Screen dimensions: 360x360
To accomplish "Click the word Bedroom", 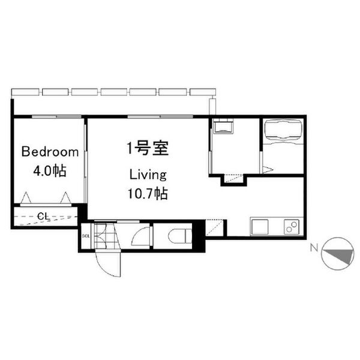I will click(50, 152).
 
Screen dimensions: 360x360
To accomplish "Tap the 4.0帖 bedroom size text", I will click(49, 170).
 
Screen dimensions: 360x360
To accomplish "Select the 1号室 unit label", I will click(146, 148).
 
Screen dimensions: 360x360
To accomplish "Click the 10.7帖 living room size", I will click(147, 193).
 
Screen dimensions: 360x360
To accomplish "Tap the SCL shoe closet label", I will click(86, 235).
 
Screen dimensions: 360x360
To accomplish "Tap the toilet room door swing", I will click(142, 236).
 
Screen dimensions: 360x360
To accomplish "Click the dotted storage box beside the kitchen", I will click(214, 228).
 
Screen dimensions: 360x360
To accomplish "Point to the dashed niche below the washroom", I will click(234, 178).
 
